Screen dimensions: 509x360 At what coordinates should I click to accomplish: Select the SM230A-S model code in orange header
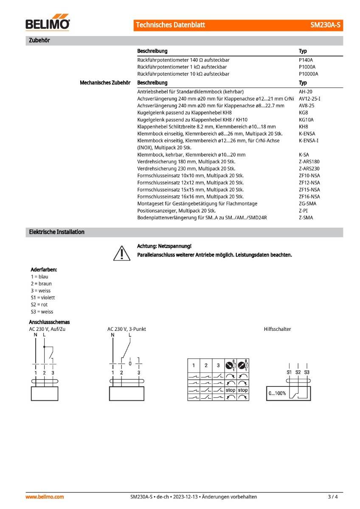coord(326,25)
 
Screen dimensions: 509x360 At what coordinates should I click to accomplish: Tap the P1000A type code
coord(307,67)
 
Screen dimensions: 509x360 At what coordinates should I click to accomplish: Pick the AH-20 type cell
coord(306,92)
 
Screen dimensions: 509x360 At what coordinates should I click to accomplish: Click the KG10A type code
coord(306,120)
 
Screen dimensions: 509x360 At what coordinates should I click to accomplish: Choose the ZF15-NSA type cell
coord(309,190)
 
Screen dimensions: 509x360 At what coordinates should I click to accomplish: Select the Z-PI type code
coord(303,210)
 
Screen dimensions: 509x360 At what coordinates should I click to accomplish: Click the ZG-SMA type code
coord(307,204)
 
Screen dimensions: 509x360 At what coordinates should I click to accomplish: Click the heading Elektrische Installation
coord(56,232)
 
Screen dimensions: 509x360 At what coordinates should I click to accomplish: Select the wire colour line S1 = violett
coord(43,297)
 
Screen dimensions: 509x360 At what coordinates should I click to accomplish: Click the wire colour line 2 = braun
coord(42,283)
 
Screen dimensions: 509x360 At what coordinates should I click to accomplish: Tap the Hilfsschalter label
coord(277,329)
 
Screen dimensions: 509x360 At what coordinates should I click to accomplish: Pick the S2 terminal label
coord(298,372)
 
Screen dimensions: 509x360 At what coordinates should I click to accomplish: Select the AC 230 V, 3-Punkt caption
coord(127,329)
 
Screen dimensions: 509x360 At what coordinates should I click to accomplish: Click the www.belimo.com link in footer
coord(45,497)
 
